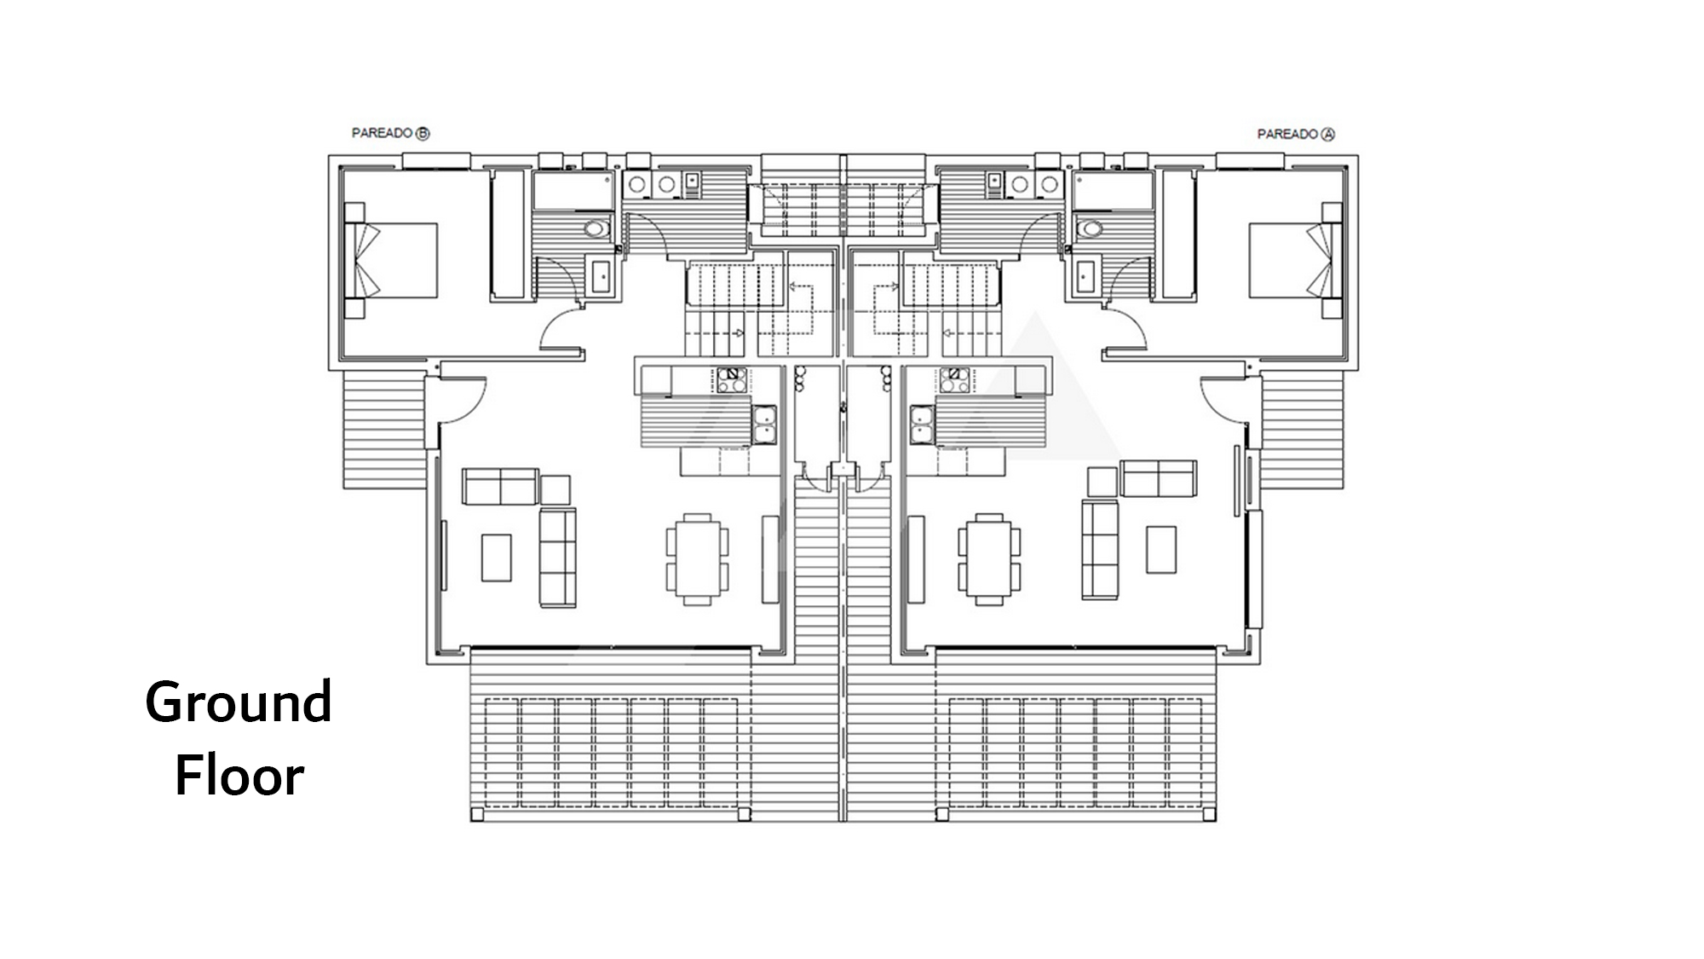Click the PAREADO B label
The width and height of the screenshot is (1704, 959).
coord(391,133)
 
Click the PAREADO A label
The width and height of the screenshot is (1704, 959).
coord(1296,134)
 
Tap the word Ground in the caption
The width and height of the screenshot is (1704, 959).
coord(239,704)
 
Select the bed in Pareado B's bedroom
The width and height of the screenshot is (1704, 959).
coord(391,260)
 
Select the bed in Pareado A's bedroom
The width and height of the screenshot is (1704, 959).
coord(1296,260)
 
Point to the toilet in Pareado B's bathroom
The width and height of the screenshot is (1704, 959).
coord(597,228)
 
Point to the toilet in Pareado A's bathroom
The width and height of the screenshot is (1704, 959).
coord(1090,228)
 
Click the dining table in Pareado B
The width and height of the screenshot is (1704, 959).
coord(698,559)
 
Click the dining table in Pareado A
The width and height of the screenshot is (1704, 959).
coord(989,559)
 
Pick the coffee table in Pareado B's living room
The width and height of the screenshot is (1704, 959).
coord(497,557)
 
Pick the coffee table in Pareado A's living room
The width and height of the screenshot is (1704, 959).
coord(1161,549)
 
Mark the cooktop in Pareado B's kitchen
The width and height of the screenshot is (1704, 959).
coord(731,379)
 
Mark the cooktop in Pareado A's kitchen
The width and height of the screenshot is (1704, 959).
coord(955,379)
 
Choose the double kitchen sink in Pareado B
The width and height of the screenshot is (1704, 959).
coord(764,425)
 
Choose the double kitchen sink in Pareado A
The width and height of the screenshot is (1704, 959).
coord(922,425)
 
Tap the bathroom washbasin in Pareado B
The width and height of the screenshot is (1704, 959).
coord(602,276)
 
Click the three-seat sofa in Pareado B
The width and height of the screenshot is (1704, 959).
coord(558,557)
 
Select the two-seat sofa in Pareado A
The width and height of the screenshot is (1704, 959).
coord(1159,478)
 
